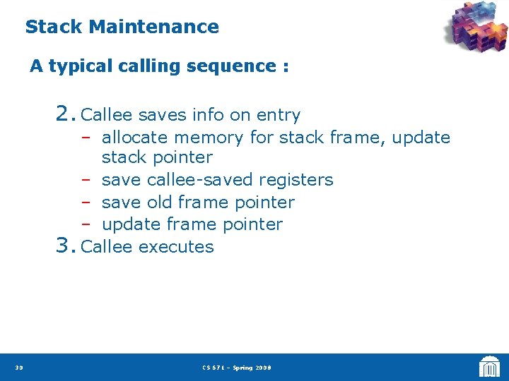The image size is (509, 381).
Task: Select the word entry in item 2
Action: click(x=279, y=115)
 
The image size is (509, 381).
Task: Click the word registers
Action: click(x=298, y=181)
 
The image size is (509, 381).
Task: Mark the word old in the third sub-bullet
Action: click(x=159, y=202)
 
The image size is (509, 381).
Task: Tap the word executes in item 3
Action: click(x=176, y=247)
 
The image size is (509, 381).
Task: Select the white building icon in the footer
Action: click(x=489, y=367)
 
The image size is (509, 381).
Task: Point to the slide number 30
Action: click(x=18, y=368)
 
